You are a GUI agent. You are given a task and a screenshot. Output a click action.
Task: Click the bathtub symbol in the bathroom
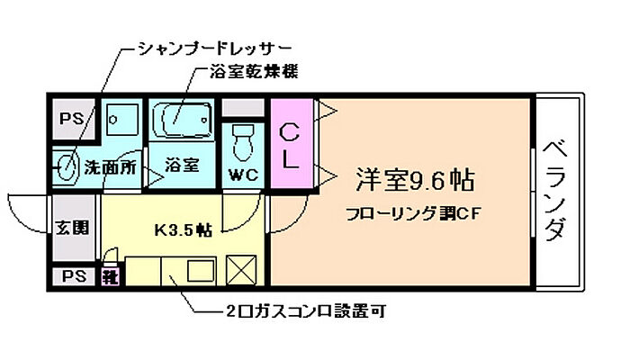(x=183, y=119)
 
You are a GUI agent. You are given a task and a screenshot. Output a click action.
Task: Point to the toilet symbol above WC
(x=243, y=140)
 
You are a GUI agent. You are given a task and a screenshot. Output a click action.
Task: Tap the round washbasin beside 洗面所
(x=66, y=165)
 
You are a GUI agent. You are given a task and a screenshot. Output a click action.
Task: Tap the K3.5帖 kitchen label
(x=182, y=230)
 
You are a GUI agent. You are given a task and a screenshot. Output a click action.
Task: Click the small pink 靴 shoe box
(x=110, y=275)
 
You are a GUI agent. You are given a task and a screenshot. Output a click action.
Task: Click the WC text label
(x=244, y=174)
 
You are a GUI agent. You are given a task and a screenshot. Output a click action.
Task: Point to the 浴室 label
(x=183, y=166)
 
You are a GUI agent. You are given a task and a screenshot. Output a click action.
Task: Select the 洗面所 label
(x=109, y=166)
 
